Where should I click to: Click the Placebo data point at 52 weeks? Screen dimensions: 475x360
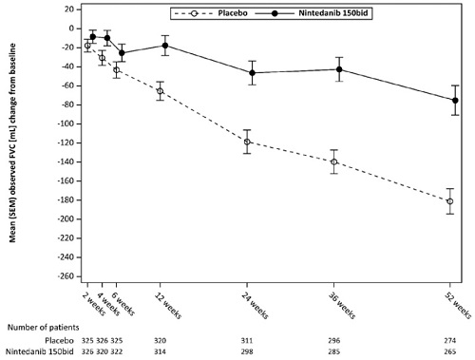click(450, 201)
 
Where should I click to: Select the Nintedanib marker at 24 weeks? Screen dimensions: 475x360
click(252, 73)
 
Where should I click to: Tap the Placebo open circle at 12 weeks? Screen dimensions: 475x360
click(160, 91)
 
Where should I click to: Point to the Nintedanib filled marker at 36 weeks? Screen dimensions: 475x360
click(339, 69)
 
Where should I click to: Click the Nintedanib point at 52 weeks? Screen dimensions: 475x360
click(455, 101)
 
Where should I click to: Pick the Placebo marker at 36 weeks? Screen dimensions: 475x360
click(333, 161)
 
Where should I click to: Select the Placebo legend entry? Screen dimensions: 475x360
click(211, 13)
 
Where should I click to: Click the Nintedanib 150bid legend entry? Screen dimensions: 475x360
click(312, 13)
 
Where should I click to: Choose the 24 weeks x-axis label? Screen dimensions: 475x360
click(255, 305)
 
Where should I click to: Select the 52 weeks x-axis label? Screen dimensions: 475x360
click(458, 305)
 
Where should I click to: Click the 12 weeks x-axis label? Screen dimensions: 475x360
click(168, 305)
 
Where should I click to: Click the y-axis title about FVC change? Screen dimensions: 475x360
click(12, 143)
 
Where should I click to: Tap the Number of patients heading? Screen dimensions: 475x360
click(43, 327)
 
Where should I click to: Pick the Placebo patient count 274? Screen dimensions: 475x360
click(450, 341)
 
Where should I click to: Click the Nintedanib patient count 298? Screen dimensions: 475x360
click(247, 351)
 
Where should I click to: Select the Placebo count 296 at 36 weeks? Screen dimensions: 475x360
click(333, 341)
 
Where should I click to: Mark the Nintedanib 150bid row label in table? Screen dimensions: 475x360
click(40, 351)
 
